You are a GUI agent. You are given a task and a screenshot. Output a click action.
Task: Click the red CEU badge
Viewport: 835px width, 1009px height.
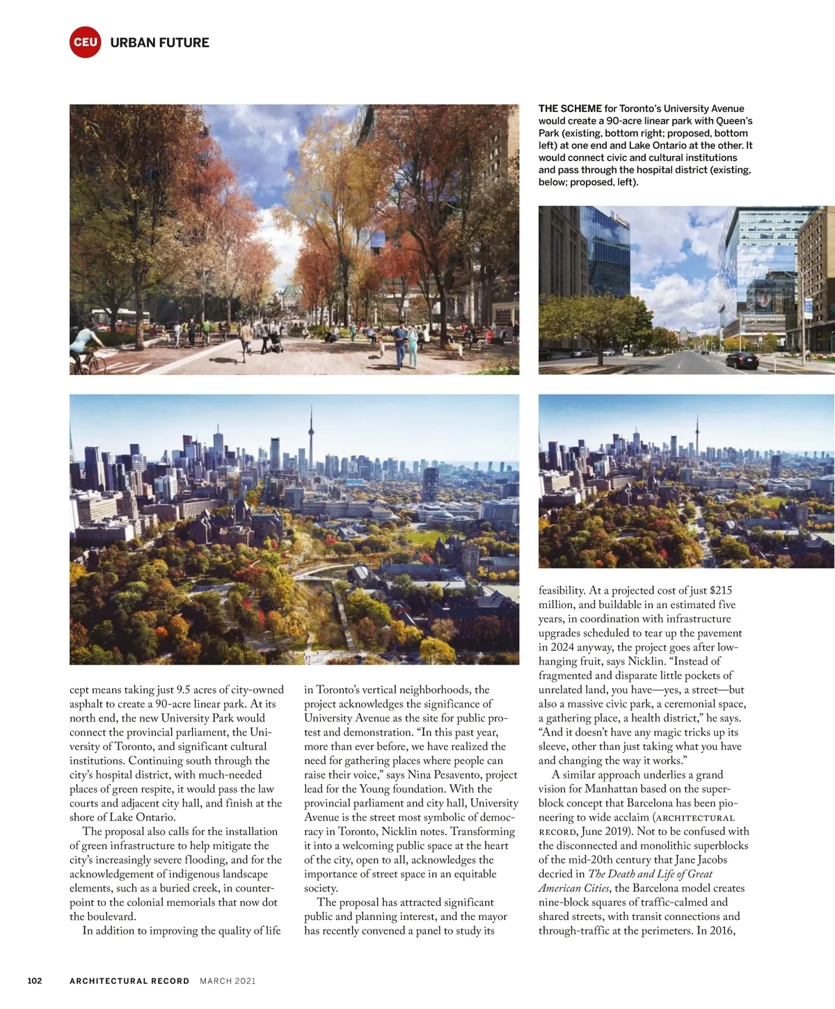coord(86,42)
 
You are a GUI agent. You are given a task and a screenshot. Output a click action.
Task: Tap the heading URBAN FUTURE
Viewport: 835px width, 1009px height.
coord(159,42)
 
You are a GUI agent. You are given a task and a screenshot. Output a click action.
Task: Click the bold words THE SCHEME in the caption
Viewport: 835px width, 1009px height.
coord(570,109)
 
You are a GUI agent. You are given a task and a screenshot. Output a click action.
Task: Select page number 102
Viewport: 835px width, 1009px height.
coord(35,980)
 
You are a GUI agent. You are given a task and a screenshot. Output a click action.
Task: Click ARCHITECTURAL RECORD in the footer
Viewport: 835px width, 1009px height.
coord(129,981)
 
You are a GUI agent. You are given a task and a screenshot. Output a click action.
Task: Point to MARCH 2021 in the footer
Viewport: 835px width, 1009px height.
coord(228,981)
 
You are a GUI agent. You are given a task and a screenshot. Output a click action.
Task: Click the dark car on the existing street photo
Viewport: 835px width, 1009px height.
coord(742,360)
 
